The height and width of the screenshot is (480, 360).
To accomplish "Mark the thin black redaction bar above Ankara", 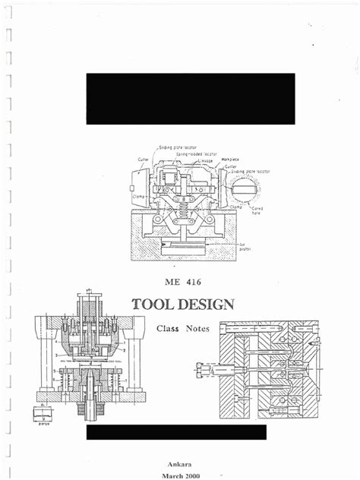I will [x=176, y=432].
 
